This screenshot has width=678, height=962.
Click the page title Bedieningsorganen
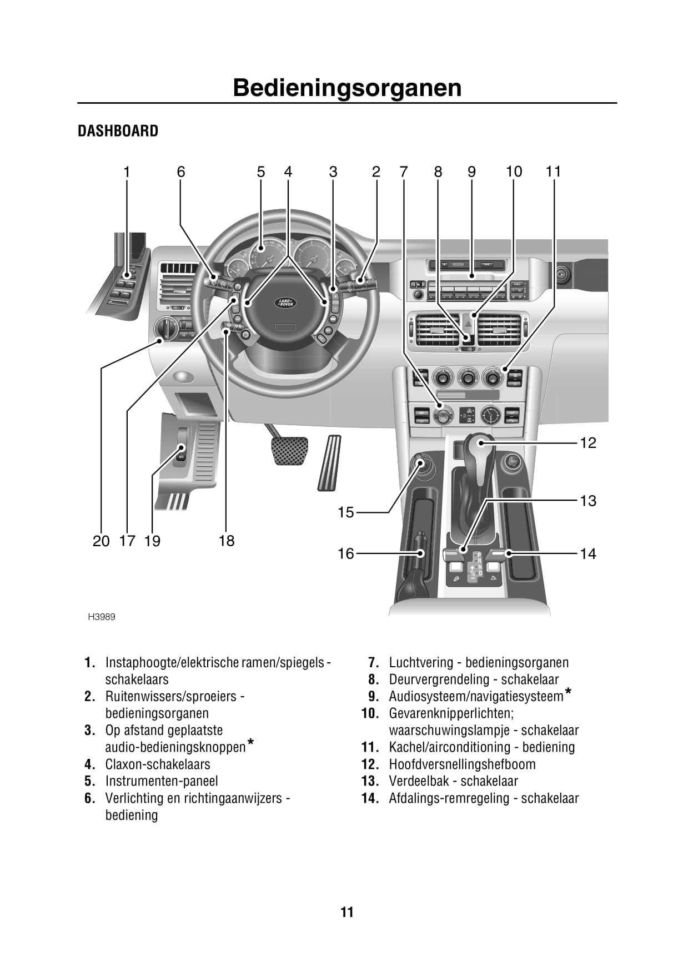[347, 88]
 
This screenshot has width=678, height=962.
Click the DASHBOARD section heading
[118, 131]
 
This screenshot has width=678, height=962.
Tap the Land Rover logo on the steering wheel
[286, 303]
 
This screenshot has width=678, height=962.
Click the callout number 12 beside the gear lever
[587, 443]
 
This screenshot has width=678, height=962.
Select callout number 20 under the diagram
[101, 541]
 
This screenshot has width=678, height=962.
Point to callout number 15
[345, 512]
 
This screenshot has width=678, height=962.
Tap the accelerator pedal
[329, 462]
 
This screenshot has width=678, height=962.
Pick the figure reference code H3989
[102, 617]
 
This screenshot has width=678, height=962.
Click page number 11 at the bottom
[347, 912]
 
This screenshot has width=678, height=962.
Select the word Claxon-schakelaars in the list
[158, 764]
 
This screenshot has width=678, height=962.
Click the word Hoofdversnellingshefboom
[462, 764]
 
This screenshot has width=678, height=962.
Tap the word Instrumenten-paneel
[162, 781]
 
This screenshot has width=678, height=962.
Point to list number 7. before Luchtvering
[373, 663]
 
